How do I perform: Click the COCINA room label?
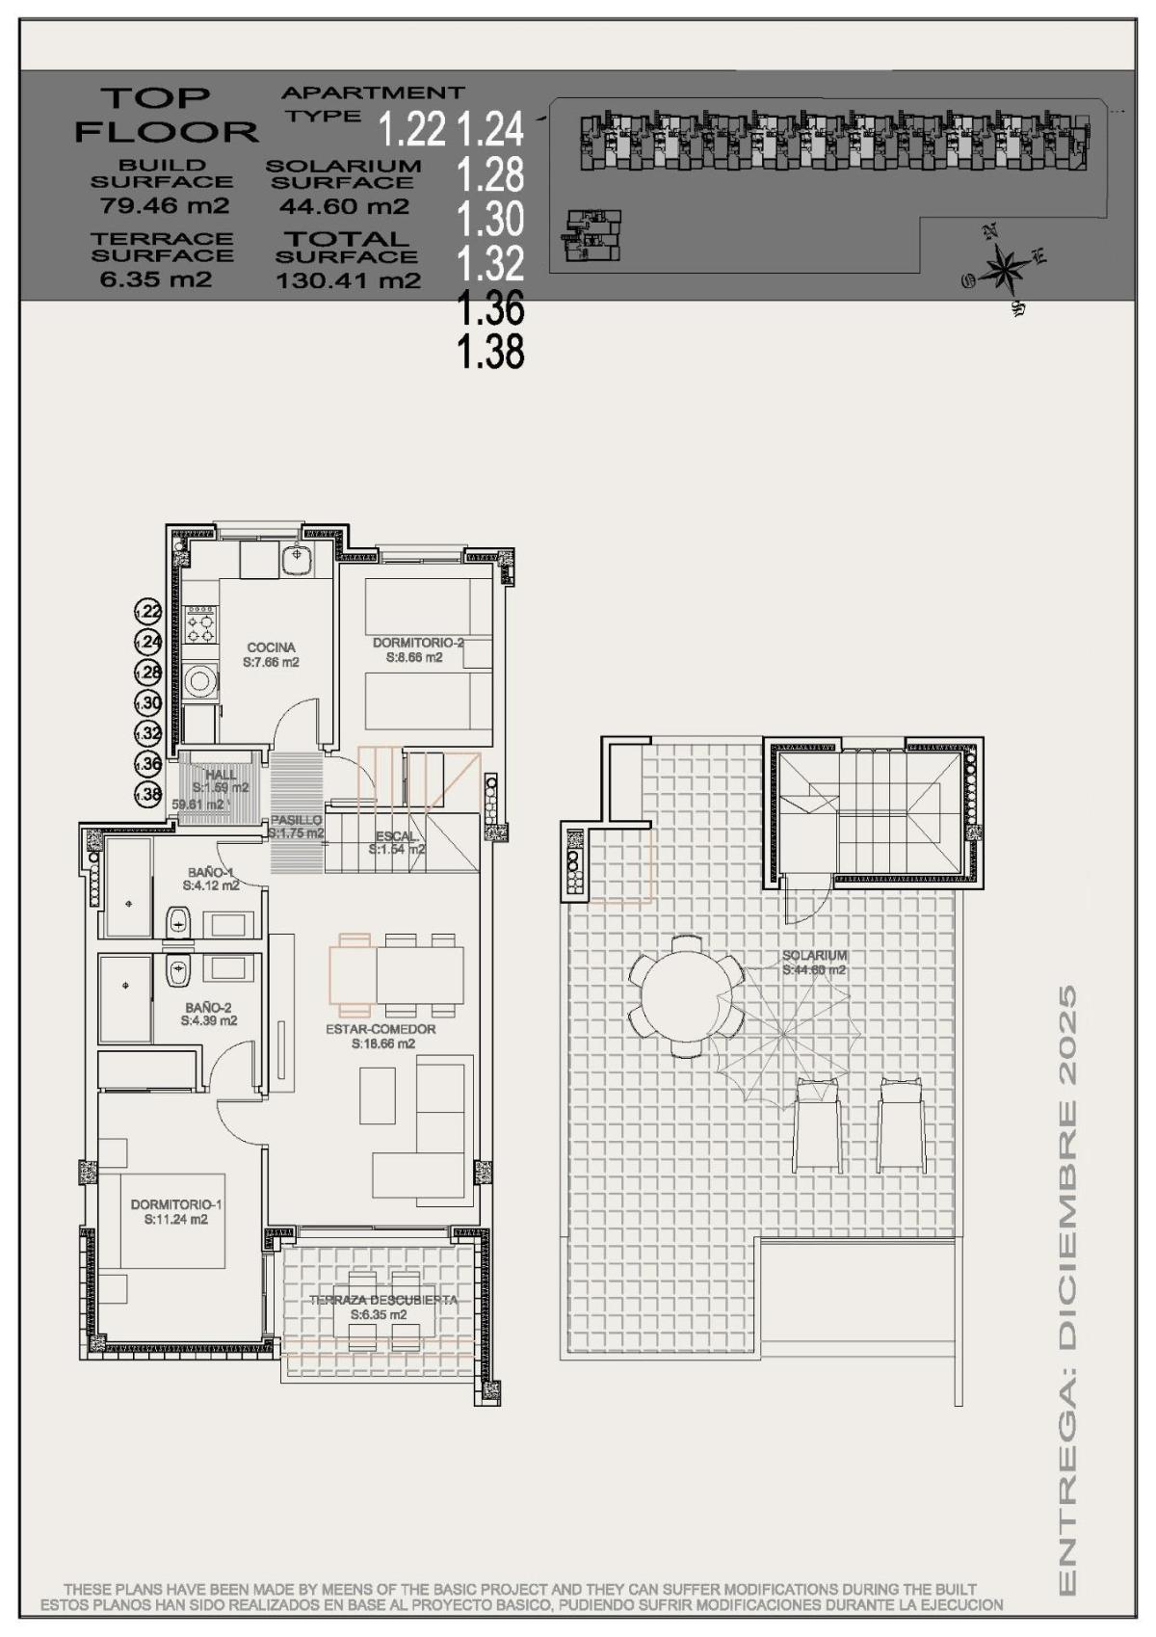tap(271, 647)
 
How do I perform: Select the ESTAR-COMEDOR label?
tap(381, 1029)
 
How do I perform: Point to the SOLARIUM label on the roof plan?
tap(815, 956)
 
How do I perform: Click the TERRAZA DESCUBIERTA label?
tap(382, 1300)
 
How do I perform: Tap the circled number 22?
tap(148, 611)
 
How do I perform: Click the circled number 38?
tap(148, 795)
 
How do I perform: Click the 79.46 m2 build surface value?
tap(165, 205)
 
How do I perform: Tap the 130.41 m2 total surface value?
tap(348, 281)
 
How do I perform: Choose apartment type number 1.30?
tap(490, 220)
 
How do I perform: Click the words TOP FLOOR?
tap(166, 114)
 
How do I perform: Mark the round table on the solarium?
tap(686, 995)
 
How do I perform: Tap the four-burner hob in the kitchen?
tap(201, 623)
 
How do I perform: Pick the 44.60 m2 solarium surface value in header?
tap(344, 206)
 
